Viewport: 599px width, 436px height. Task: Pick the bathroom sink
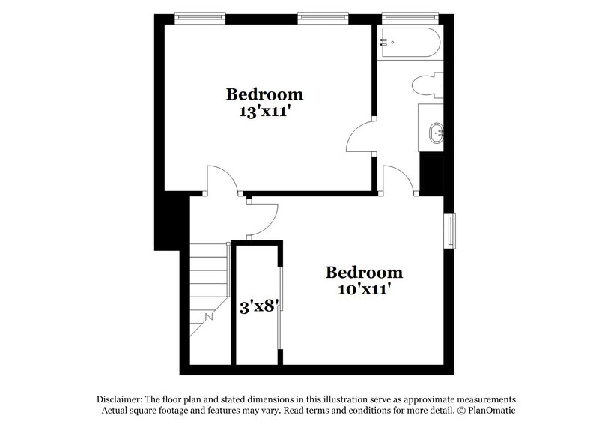[435, 133]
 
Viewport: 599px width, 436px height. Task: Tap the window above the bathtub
[408, 15]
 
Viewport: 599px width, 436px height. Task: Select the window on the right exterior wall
[451, 230]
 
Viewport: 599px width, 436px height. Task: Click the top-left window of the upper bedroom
[200, 15]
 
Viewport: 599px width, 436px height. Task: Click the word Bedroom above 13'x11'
[265, 95]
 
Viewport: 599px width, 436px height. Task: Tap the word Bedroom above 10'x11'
[365, 271]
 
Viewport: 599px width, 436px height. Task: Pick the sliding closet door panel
[280, 307]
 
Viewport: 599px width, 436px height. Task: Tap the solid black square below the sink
[432, 172]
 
